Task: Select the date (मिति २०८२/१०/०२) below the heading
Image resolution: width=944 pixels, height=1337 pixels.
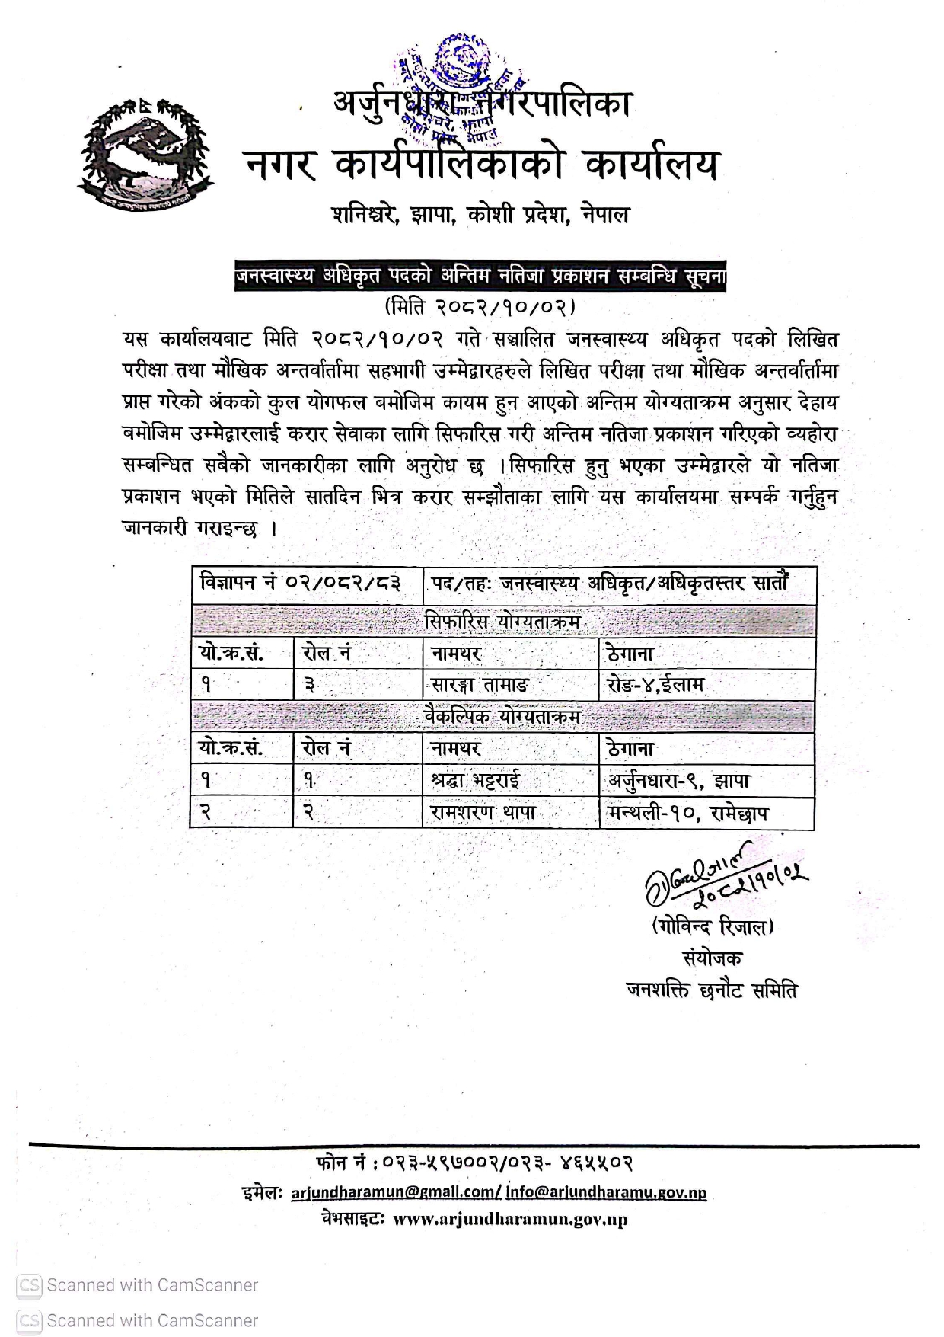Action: coord(480,307)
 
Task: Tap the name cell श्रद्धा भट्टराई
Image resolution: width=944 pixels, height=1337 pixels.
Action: coord(476,781)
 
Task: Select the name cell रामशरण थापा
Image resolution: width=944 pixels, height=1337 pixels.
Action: coord(483,813)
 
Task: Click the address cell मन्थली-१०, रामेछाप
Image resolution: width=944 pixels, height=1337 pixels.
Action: coord(687,813)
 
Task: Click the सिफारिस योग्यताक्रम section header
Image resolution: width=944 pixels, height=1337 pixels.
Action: coord(502,622)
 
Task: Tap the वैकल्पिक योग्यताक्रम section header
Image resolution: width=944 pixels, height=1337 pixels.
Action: coord(502,717)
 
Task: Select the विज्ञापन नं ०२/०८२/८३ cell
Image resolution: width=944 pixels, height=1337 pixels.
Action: coord(300,584)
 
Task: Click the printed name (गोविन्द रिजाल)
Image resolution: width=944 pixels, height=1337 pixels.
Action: coord(713,926)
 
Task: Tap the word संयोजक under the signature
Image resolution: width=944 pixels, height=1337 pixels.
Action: coord(712,958)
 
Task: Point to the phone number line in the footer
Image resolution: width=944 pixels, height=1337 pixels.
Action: coord(474,1163)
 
